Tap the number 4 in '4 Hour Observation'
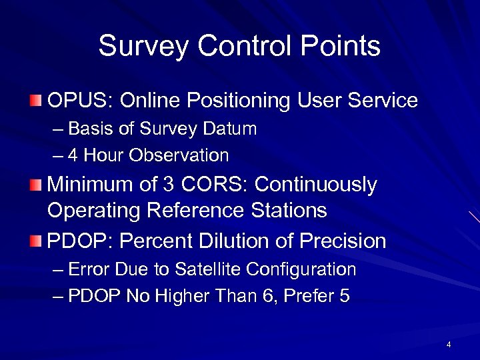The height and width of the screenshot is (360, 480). pyautogui.click(x=73, y=156)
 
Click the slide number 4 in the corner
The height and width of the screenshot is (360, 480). pyautogui.click(x=449, y=345)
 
